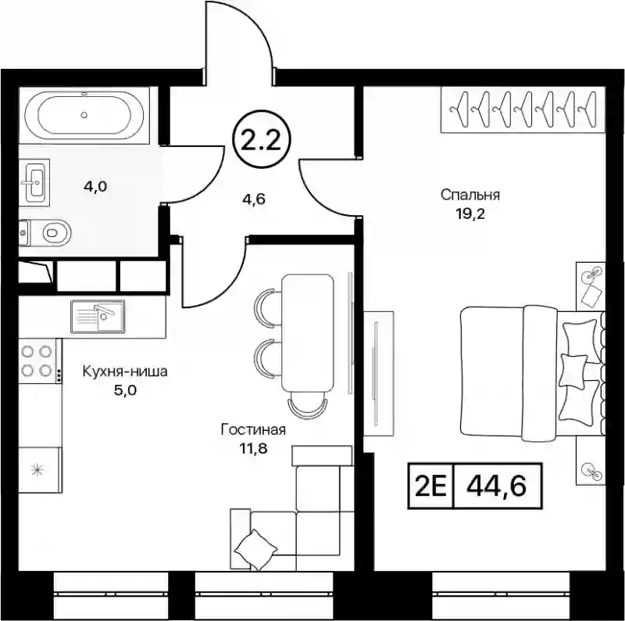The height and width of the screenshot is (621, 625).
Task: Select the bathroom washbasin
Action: click(x=34, y=182)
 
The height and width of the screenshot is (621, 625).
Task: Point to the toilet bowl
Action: click(x=45, y=232)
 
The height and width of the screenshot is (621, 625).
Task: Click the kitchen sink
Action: click(x=98, y=316)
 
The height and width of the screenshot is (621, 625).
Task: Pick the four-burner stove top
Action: click(x=37, y=361)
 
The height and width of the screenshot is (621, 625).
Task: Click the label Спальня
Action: click(x=470, y=196)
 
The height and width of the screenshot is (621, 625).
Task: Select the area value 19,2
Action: click(x=470, y=214)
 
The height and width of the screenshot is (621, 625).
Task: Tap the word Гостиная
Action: click(x=253, y=430)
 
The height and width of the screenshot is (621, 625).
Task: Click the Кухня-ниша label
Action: click(x=125, y=372)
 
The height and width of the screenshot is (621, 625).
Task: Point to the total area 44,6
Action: click(x=497, y=486)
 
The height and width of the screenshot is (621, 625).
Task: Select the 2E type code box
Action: click(x=430, y=486)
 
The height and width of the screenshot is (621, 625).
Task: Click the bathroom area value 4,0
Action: click(x=95, y=186)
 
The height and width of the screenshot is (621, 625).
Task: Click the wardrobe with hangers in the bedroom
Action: click(x=523, y=109)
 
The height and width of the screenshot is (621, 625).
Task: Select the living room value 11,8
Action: click(x=253, y=449)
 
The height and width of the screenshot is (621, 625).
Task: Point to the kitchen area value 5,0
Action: click(x=125, y=390)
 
